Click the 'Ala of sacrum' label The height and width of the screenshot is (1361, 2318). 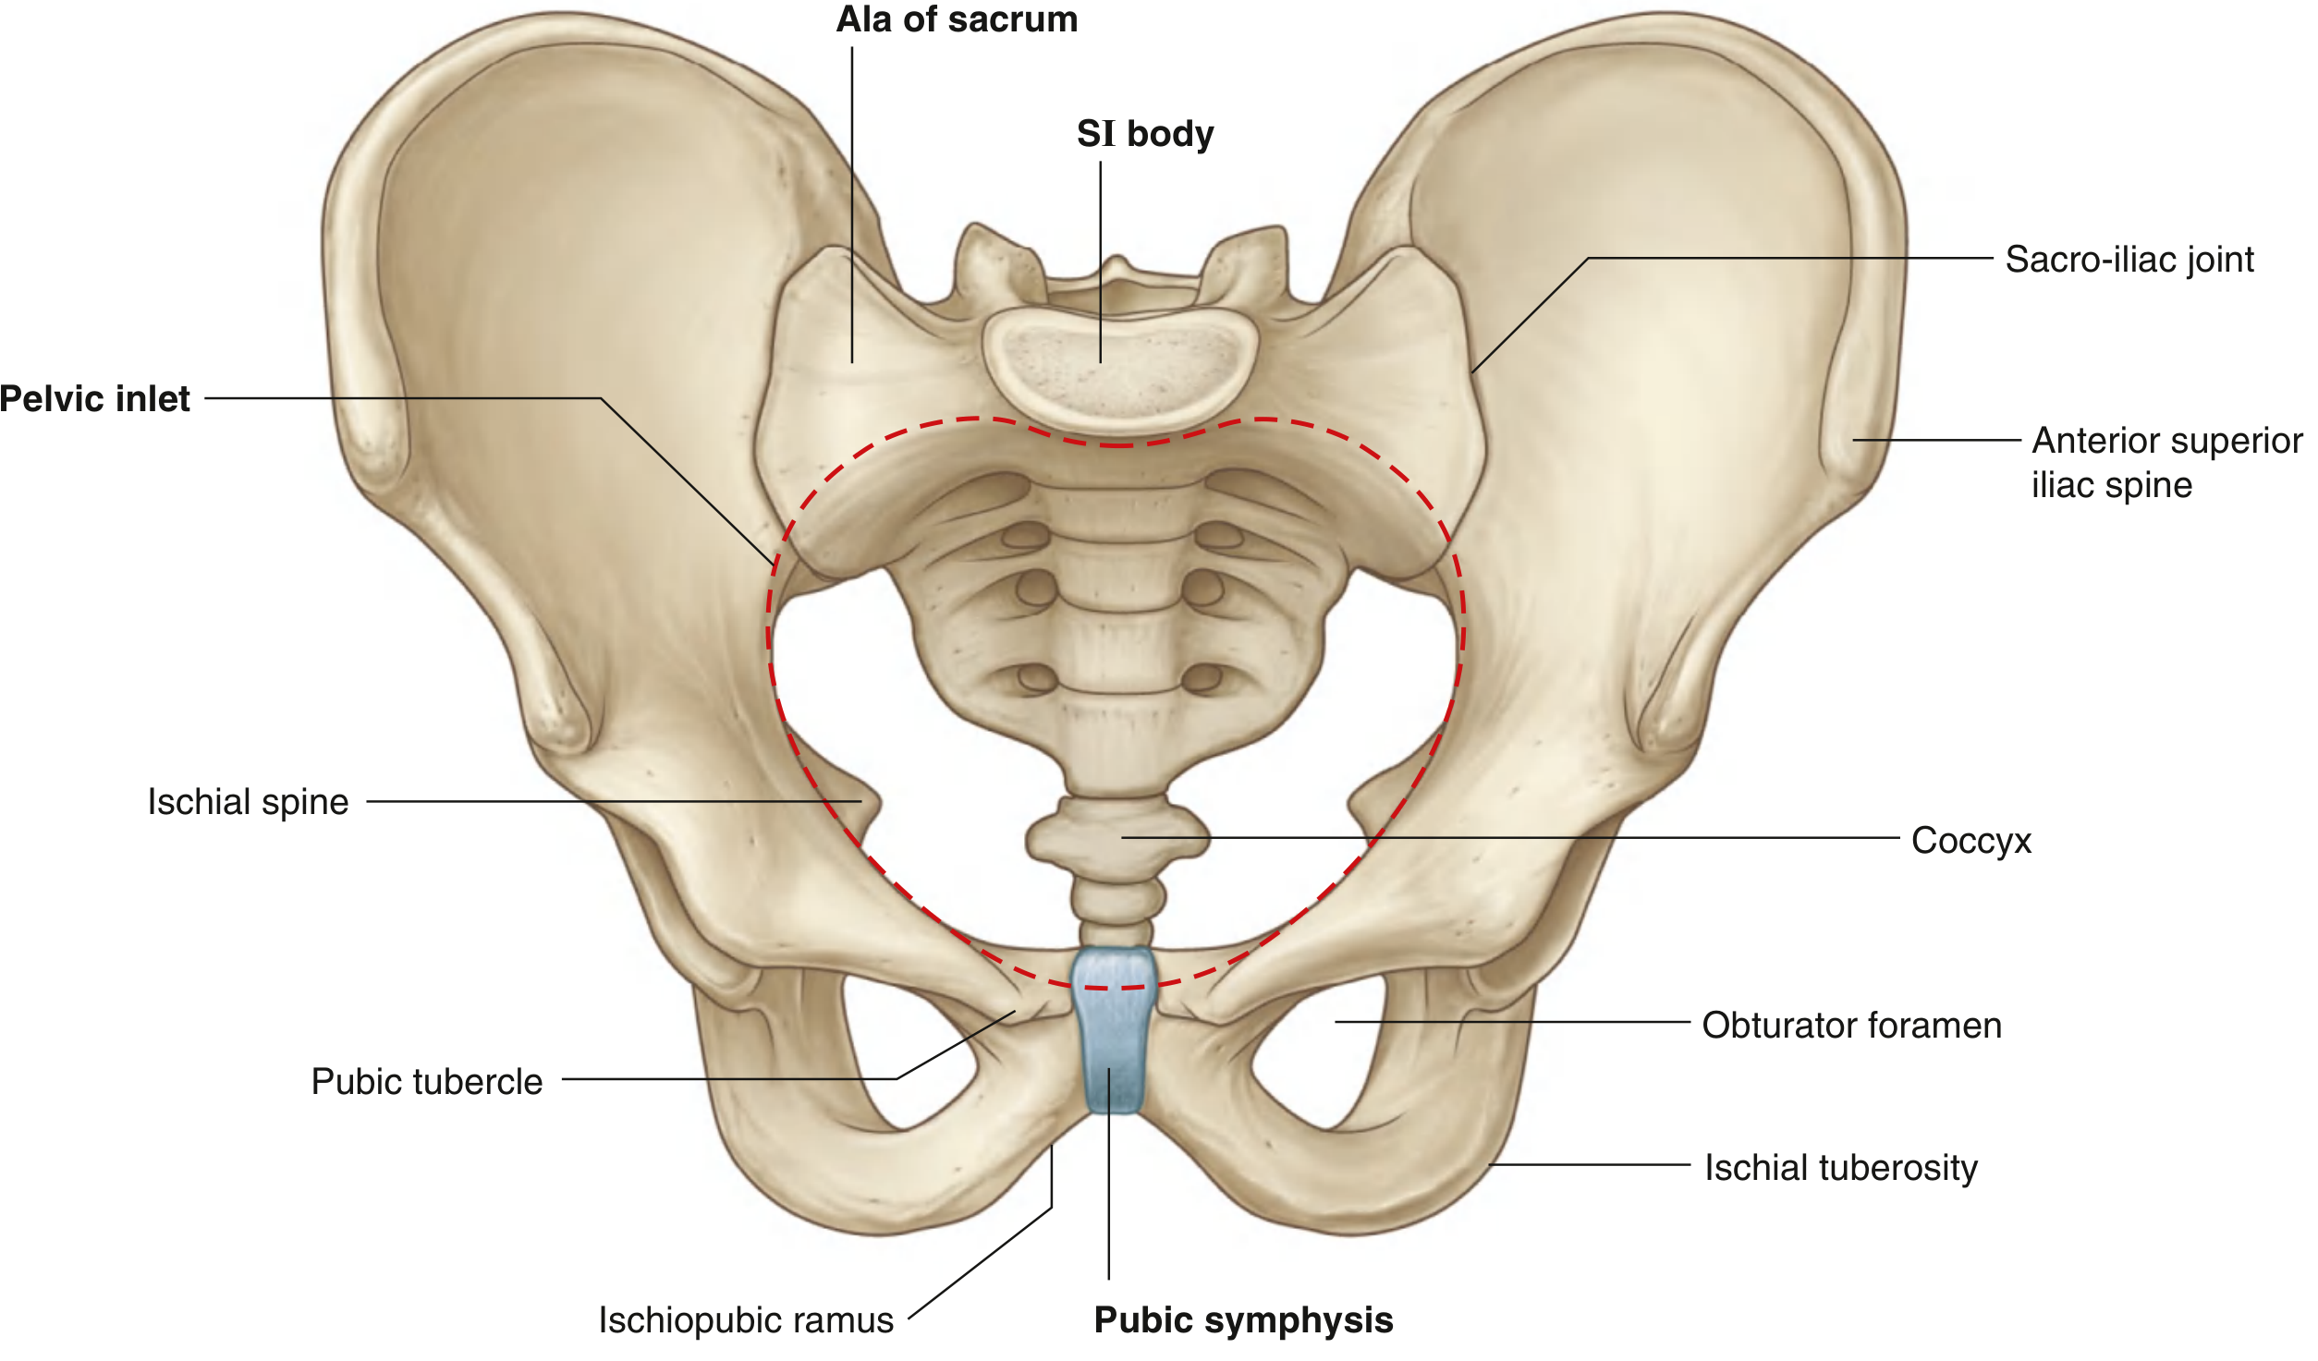957,19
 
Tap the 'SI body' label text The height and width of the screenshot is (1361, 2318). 1145,134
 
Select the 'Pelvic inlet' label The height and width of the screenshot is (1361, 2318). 95,399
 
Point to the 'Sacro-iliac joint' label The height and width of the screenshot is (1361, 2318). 2129,260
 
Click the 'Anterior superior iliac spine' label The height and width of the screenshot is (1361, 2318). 2167,462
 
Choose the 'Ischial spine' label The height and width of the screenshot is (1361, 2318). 248,802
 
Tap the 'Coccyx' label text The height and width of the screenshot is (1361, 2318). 1971,841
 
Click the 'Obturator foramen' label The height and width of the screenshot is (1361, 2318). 1852,1026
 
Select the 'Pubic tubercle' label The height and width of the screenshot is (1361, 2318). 427,1082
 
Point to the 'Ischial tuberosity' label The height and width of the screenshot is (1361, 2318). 1841,1168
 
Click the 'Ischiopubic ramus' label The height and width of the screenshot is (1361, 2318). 746,1320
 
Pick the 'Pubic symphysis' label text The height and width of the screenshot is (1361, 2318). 1243,1320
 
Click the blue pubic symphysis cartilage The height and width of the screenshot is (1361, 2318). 1114,1029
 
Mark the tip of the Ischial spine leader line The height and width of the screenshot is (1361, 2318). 861,801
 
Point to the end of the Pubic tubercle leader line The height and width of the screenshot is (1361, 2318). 1015,1012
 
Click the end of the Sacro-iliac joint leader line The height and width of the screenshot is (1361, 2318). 1472,372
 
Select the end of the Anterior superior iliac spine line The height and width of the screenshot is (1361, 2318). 1853,440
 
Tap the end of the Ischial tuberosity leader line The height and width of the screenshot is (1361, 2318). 1490,1164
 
